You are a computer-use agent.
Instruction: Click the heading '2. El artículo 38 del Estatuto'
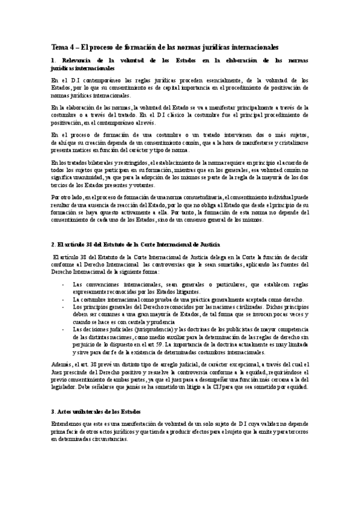point(135,245)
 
